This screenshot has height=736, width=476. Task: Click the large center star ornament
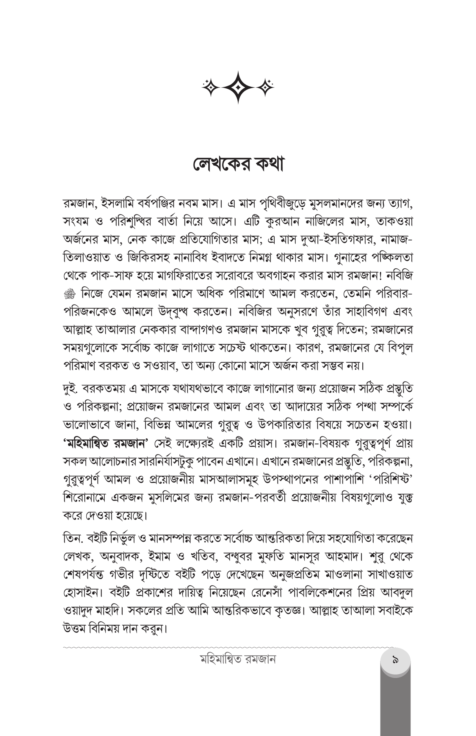pyautogui.click(x=238, y=87)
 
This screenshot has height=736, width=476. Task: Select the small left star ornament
pyautogui.click(x=211, y=87)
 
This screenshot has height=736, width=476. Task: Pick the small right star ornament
pyautogui.click(x=264, y=87)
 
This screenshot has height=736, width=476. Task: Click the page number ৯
pyautogui.click(x=395, y=661)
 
